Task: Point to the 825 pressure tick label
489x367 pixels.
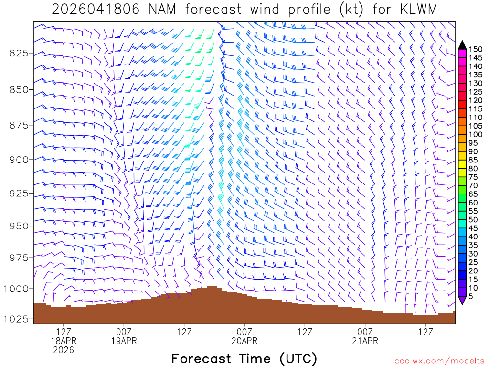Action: click(19, 53)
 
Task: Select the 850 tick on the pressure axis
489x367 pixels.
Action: click(19, 89)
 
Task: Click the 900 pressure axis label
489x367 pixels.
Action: click(19, 159)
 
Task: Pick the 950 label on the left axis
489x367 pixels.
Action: click(19, 225)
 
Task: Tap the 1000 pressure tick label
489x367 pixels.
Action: click(17, 289)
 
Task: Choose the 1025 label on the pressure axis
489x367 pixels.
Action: click(17, 319)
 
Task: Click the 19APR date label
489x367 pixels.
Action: click(124, 341)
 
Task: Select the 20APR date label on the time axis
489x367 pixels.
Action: click(244, 341)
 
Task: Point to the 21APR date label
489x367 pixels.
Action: click(365, 341)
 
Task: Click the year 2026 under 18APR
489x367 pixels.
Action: click(64, 350)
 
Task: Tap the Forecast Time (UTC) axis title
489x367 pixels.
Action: click(244, 358)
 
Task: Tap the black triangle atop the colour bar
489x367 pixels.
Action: click(462, 45)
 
